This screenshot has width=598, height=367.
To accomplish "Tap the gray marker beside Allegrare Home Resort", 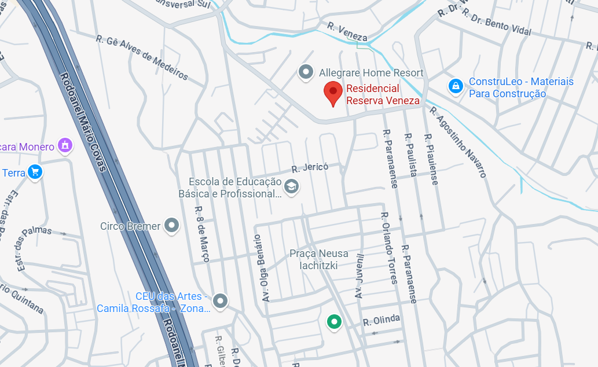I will click(x=306, y=72).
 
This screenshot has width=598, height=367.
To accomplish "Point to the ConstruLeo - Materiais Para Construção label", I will click(x=521, y=87).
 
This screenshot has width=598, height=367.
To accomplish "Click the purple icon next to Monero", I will click(x=65, y=145).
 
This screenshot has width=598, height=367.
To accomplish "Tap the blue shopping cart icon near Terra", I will click(x=35, y=172).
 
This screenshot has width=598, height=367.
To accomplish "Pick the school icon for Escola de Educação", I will click(x=291, y=186).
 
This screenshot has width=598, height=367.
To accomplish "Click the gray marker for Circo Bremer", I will click(x=171, y=225).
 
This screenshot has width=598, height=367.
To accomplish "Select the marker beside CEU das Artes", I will click(x=220, y=301).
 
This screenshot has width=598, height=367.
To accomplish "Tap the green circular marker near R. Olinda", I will click(x=333, y=321).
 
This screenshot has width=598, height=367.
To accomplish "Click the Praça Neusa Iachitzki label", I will click(x=319, y=259).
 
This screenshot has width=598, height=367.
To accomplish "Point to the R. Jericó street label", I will click(x=310, y=168).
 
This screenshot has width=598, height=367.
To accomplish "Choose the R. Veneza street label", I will click(x=347, y=32).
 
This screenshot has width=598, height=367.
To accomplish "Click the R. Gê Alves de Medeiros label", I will click(x=142, y=57).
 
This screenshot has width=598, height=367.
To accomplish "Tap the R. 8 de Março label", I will click(x=201, y=234).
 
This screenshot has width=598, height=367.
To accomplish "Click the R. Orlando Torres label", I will click(x=388, y=248).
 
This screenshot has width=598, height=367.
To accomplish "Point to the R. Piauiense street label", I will click(x=431, y=159).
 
